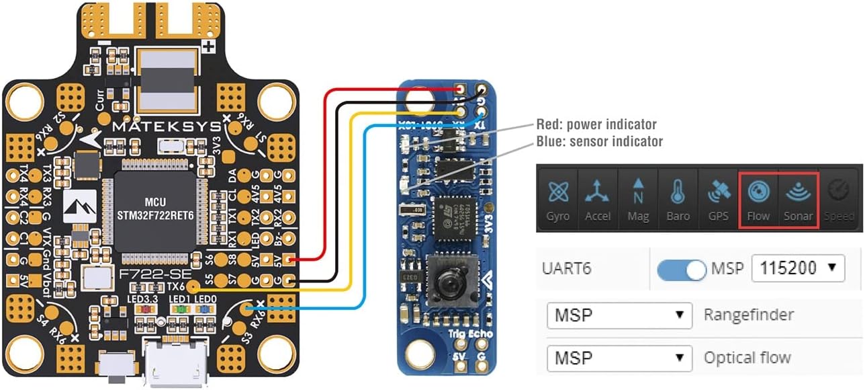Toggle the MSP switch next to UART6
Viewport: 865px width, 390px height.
(x=682, y=269)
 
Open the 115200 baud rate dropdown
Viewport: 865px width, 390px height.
(x=797, y=268)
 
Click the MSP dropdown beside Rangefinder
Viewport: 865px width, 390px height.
(x=619, y=315)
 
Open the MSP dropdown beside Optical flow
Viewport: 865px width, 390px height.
(x=619, y=358)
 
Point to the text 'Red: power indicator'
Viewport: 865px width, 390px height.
(x=596, y=124)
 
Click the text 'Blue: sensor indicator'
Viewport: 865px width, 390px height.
(x=599, y=141)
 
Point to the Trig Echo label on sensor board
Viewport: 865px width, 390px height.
(x=469, y=334)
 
